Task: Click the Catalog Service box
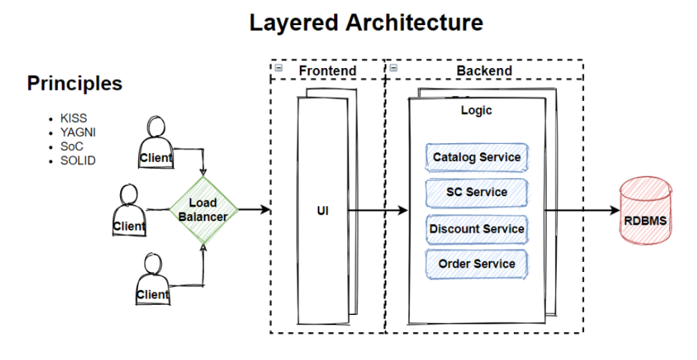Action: point(476,157)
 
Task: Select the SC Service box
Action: point(476,193)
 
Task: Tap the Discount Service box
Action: point(476,229)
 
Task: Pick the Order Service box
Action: point(476,264)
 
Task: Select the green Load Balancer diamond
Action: point(203,210)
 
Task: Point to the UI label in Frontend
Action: point(323,211)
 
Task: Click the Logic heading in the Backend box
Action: point(476,111)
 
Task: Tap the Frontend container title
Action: point(327,70)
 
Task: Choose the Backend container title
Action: point(484,70)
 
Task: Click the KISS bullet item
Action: point(73,118)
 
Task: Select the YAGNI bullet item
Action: point(77,132)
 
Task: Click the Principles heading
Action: point(74,84)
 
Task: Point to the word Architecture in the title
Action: point(414,23)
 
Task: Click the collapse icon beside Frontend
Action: point(278,69)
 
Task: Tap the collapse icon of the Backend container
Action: point(394,69)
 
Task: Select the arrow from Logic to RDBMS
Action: point(581,211)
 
